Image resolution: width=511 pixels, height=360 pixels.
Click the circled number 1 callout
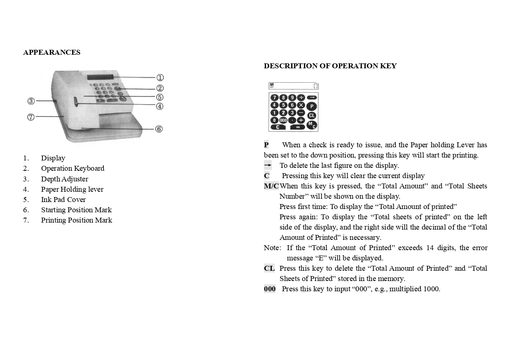coord(160,78)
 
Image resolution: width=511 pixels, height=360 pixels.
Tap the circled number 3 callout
coord(31,101)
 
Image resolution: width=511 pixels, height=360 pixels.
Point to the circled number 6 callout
coord(159,129)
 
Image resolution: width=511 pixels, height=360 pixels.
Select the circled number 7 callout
coord(31,117)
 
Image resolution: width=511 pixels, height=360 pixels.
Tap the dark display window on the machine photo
coord(100,78)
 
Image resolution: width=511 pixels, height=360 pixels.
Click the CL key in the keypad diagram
coord(312,116)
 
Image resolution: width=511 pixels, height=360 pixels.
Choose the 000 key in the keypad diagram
coord(283,120)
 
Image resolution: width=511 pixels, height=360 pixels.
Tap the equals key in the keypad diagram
coord(298,127)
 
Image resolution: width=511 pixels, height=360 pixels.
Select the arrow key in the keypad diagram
coord(312,98)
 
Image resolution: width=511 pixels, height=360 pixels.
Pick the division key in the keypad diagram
coord(301,98)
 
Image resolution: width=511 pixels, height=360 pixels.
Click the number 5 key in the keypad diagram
coord(283,105)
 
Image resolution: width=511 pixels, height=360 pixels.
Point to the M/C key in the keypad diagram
coord(312,125)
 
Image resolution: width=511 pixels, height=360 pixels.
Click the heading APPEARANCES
coord(52,52)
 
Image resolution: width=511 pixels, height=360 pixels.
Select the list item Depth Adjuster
coord(65,179)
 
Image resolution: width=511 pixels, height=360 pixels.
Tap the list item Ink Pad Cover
coord(63,200)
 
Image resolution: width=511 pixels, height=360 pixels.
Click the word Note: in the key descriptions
coord(272,248)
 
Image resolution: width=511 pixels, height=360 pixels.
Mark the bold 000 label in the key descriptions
coord(270,289)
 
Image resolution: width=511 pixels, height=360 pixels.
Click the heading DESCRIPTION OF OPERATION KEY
coord(330,66)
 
